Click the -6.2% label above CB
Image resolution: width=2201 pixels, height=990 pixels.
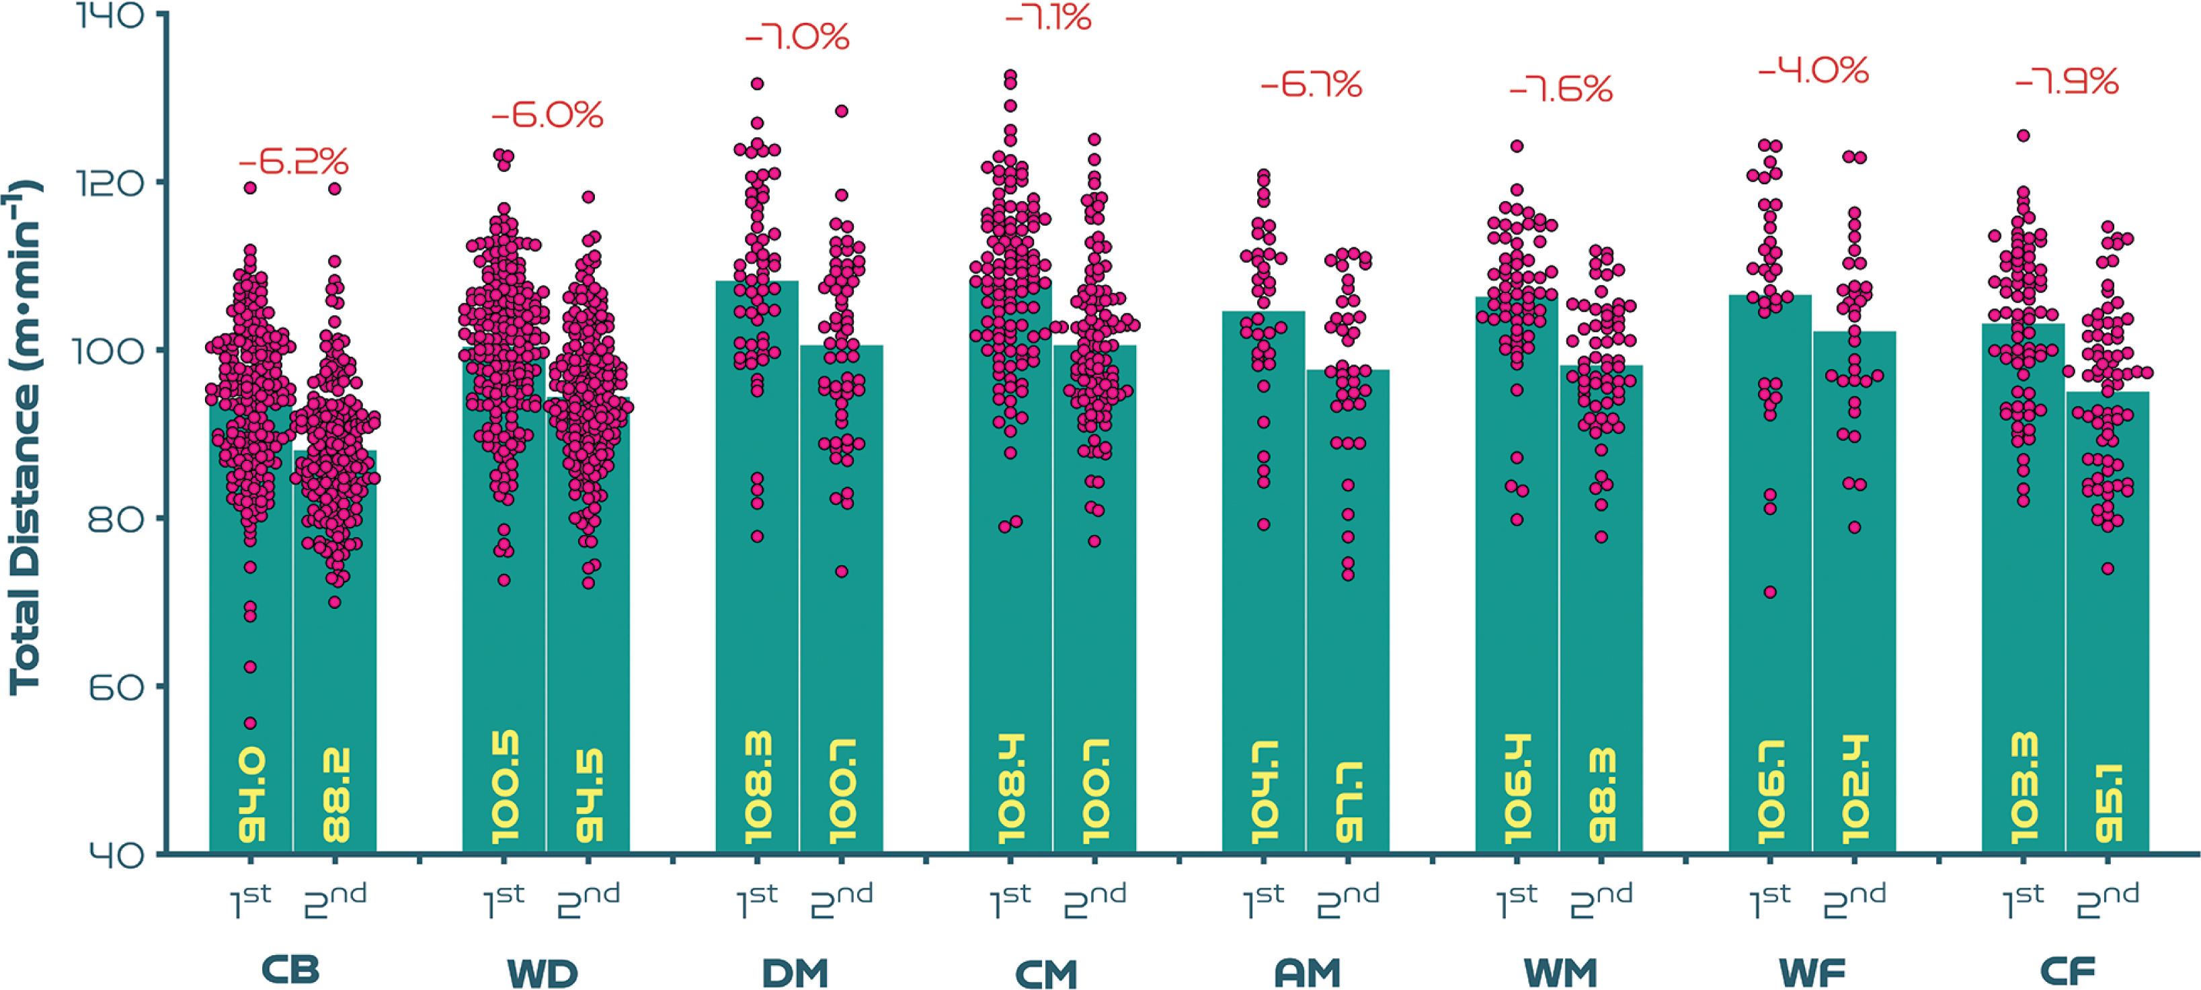pos(293,161)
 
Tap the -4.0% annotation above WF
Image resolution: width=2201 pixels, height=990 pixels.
pos(1813,70)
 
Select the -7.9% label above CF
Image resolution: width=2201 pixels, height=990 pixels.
pos(2066,81)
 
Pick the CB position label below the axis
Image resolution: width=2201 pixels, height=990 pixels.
pos(290,971)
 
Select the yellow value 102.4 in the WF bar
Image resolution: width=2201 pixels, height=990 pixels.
pos(1855,790)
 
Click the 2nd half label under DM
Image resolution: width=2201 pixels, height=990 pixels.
pos(842,901)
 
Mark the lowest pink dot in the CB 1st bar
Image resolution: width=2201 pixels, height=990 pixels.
pos(250,723)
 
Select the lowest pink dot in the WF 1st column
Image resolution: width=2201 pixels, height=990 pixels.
pos(1770,592)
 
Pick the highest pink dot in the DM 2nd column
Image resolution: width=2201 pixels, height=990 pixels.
pos(842,111)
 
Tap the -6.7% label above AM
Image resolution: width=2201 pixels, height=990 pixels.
pos(1311,85)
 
